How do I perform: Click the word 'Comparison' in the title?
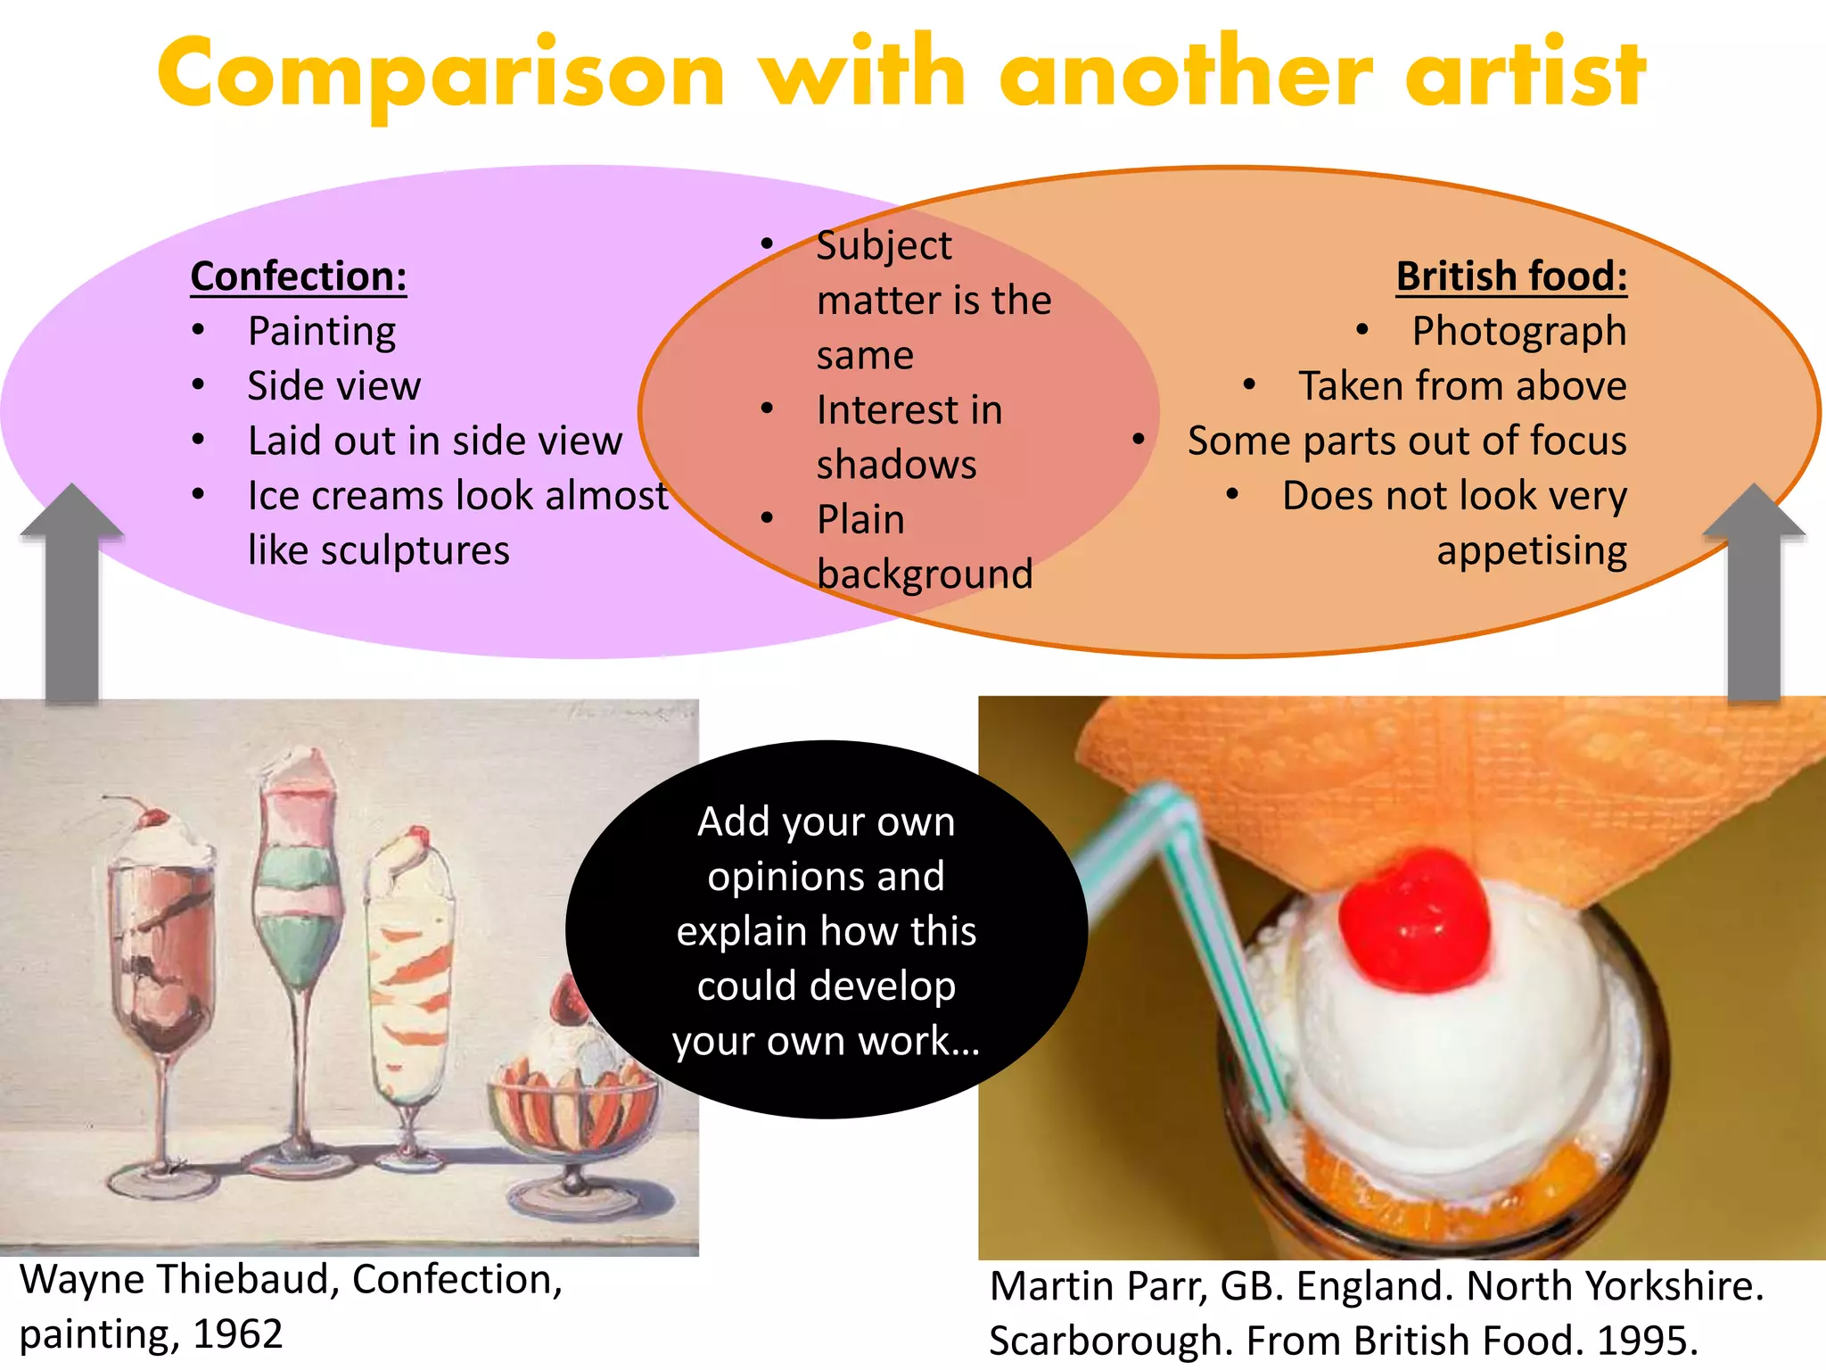pos(441,76)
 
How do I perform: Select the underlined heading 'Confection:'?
pos(299,276)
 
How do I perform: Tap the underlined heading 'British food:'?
pos(1511,276)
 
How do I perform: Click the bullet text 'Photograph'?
pos(1518,332)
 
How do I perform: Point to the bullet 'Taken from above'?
pos(1462,386)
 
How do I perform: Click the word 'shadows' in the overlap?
pos(896,465)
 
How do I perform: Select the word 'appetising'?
pos(1531,550)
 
